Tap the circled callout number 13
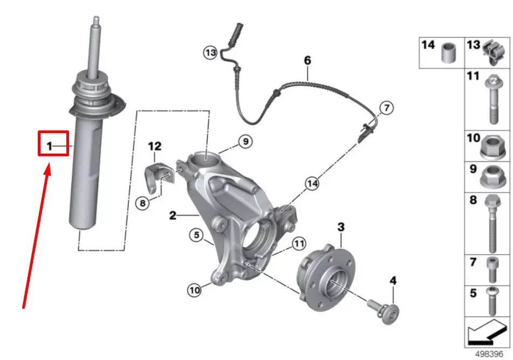click(210, 52)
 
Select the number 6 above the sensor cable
click(307, 60)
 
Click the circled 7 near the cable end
click(386, 108)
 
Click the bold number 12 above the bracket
click(155, 146)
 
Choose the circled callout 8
click(142, 203)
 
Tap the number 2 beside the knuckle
click(173, 216)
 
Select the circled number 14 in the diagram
click(311, 184)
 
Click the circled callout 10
click(194, 290)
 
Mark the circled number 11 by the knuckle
click(299, 244)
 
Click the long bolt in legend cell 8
click(492, 223)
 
